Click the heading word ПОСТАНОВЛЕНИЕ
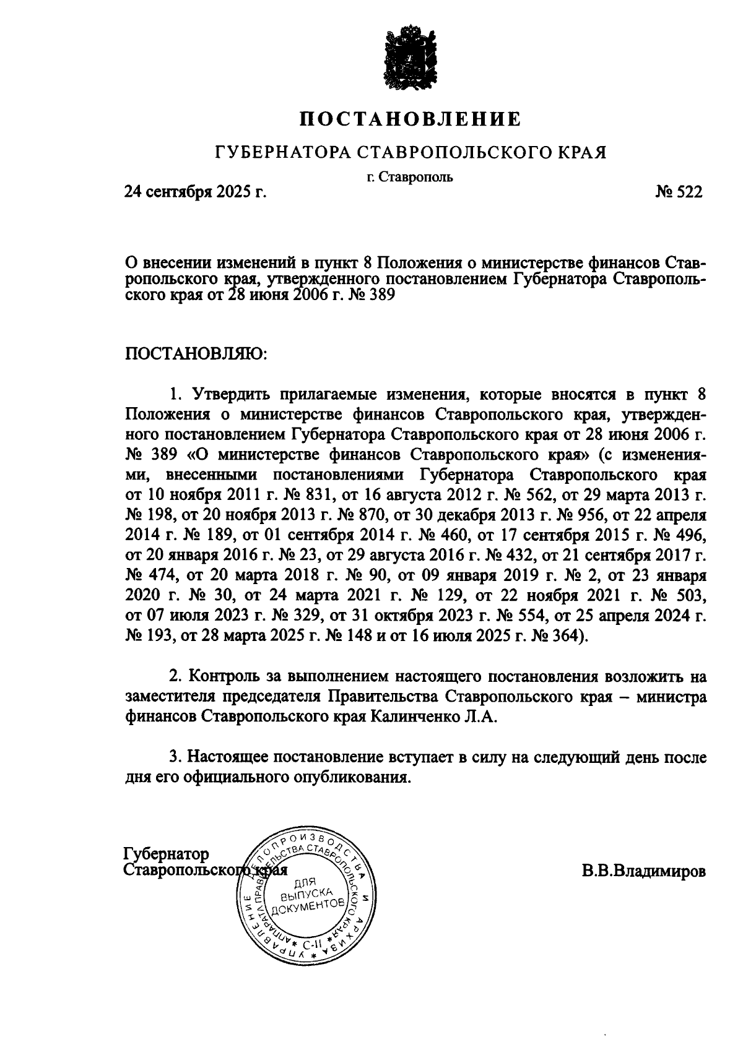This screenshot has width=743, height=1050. pos(410,119)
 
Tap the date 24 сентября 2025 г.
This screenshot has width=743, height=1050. pos(196,192)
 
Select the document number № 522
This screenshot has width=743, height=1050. pos(679,192)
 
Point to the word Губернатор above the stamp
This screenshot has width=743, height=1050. pos(167,854)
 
